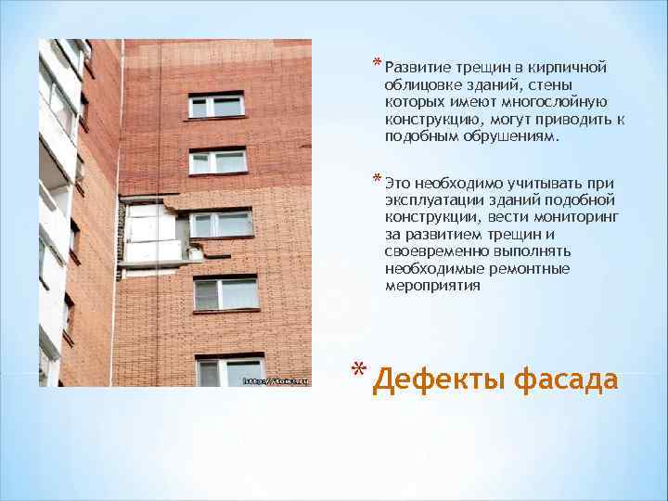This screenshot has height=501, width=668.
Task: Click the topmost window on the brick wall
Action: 215,105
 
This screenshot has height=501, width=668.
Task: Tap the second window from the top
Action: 218,161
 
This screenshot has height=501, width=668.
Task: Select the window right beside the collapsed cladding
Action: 221,224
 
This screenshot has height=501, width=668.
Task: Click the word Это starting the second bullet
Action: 400,182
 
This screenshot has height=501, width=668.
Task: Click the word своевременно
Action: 438,251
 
